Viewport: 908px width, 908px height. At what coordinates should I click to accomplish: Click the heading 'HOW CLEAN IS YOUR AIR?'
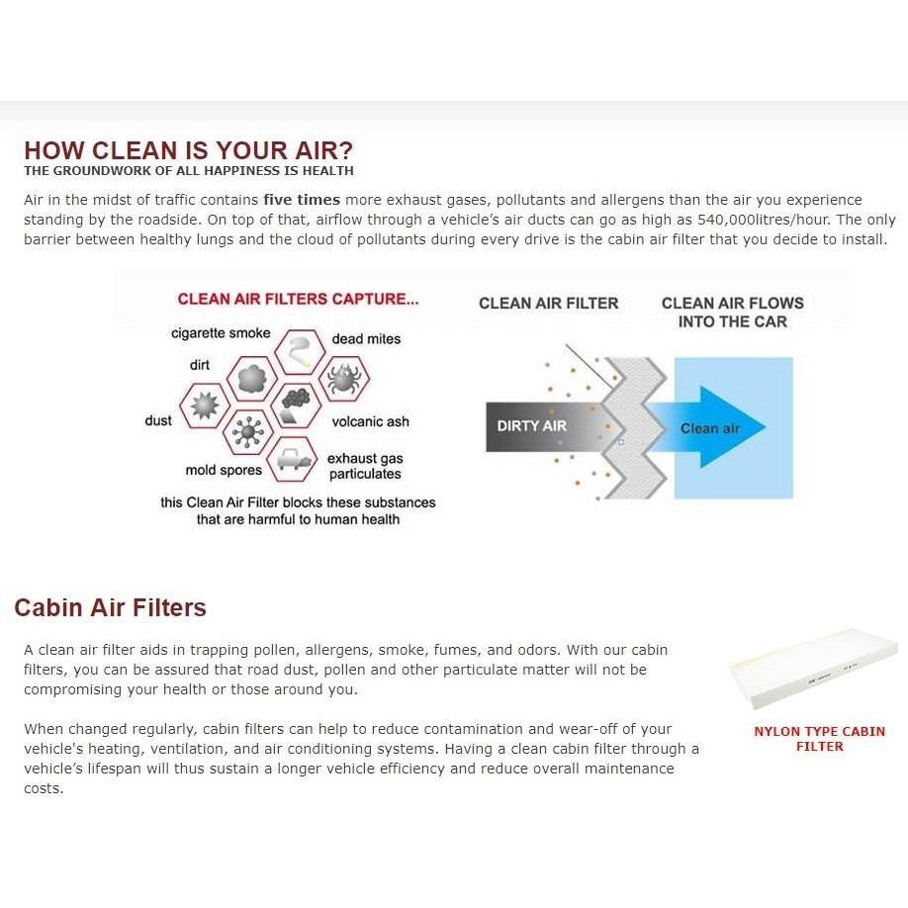click(188, 150)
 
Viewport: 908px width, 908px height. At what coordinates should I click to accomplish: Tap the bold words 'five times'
click(302, 200)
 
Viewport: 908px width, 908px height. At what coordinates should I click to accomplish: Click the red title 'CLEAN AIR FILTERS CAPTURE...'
click(298, 299)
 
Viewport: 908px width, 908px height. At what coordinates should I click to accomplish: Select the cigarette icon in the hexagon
click(299, 351)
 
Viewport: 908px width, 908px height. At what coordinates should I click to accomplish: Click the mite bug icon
click(344, 379)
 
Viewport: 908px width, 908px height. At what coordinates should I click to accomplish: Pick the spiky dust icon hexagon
click(205, 406)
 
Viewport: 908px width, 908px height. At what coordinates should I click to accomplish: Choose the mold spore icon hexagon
click(248, 432)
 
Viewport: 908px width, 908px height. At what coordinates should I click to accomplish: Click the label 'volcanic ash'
click(370, 421)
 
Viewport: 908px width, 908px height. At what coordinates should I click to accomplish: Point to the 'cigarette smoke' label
click(221, 333)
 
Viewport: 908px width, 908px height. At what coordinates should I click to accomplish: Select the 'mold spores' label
click(224, 470)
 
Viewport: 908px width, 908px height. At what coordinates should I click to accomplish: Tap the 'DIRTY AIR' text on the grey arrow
click(531, 426)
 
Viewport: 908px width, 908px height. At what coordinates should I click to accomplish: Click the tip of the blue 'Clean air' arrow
click(765, 427)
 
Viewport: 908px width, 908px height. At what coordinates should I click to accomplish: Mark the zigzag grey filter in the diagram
click(632, 427)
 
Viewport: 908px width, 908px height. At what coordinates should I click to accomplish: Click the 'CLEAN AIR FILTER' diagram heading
click(548, 303)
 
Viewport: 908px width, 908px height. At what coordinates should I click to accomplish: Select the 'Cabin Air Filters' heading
click(110, 607)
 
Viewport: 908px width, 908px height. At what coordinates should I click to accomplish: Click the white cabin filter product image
click(814, 670)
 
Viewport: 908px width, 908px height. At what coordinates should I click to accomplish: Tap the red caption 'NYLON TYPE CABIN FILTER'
click(819, 739)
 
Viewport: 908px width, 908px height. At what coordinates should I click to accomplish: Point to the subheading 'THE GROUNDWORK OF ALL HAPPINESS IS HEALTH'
click(189, 171)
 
